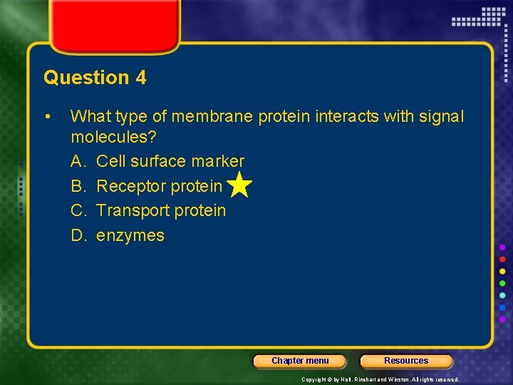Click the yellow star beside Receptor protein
click(x=240, y=185)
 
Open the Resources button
click(x=406, y=361)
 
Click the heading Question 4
click(x=95, y=78)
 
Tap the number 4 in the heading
click(x=140, y=78)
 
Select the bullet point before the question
click(x=46, y=116)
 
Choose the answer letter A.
click(x=78, y=162)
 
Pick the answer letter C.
click(x=78, y=211)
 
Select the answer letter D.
click(x=78, y=236)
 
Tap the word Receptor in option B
click(x=129, y=186)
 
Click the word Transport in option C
click(x=131, y=211)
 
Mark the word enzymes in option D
click(x=130, y=236)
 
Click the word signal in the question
click(x=440, y=116)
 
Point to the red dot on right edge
click(x=502, y=259)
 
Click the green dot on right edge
click(x=502, y=283)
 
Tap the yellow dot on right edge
click(x=502, y=271)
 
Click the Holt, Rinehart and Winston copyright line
click(x=380, y=379)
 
